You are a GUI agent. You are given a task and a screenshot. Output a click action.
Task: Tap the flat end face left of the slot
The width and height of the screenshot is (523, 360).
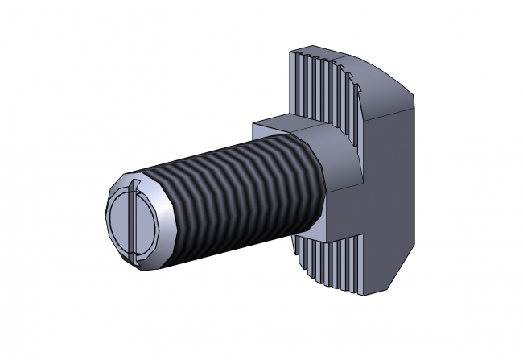point(119,222)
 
